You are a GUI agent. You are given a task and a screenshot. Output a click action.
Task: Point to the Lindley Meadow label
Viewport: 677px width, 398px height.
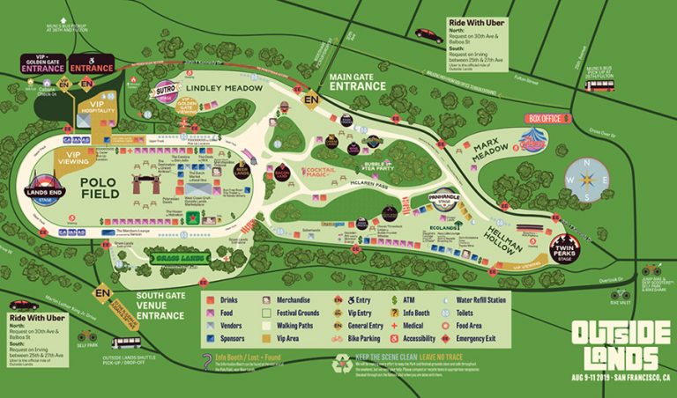coord(224,89)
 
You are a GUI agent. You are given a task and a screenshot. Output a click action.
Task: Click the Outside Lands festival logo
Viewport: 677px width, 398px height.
coord(615,343)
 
